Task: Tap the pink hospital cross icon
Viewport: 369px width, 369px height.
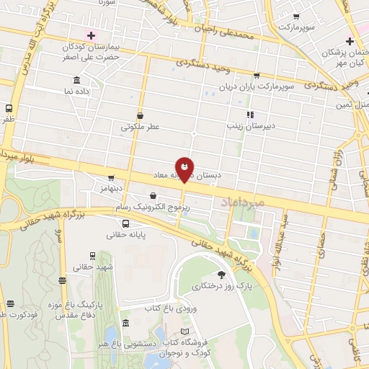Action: [91, 35]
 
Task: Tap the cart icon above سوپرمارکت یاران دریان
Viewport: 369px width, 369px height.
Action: [257, 75]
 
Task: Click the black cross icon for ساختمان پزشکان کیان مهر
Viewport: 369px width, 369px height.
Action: [350, 41]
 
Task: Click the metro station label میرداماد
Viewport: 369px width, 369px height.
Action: [261, 203]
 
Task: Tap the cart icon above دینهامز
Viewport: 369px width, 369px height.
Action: [111, 177]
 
